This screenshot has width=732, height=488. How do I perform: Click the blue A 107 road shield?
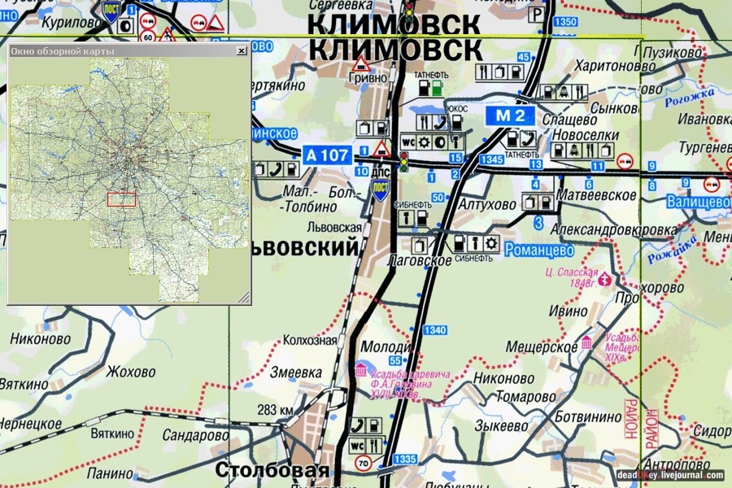(x=327, y=154)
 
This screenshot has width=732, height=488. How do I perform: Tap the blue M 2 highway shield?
(x=510, y=115)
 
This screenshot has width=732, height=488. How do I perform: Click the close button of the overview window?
(x=241, y=50)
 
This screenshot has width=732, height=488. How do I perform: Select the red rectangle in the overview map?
(x=121, y=199)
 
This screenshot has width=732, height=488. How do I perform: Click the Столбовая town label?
(x=272, y=470)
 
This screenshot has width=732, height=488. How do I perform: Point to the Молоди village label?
(x=381, y=346)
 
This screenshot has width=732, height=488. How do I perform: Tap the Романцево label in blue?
(x=539, y=250)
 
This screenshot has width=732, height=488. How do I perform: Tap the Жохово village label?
(x=130, y=373)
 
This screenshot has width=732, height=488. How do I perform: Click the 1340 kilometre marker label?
(x=435, y=329)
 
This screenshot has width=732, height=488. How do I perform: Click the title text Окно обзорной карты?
(x=63, y=51)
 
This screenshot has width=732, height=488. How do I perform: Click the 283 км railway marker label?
(x=273, y=409)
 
